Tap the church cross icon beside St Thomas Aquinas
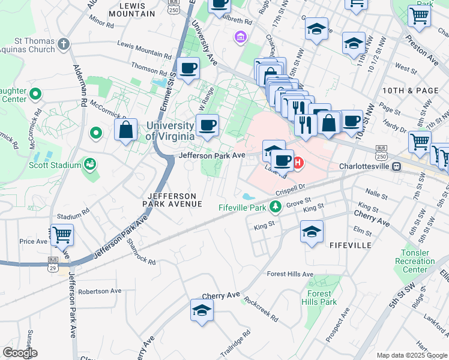tap(64, 44)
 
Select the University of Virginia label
tap(170, 130)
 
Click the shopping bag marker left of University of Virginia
tap(126, 130)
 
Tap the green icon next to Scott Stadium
tap(90, 164)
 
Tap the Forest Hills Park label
tap(319, 298)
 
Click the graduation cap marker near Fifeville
tap(312, 232)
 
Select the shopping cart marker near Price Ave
tap(62, 235)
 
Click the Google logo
tap(20, 353)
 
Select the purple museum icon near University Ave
tap(241, 38)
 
